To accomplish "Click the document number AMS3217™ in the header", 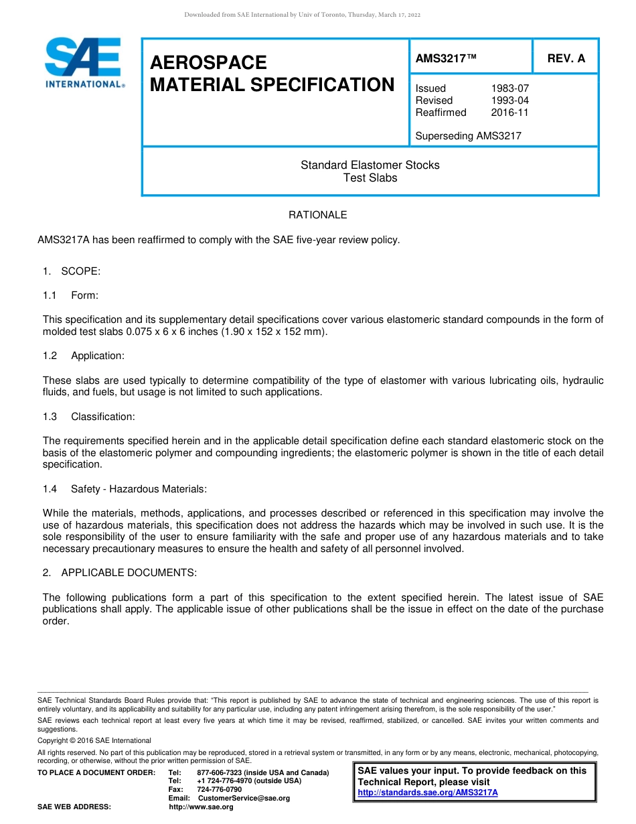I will (x=446, y=58).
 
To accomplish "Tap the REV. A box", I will (x=566, y=58).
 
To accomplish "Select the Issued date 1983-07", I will (x=509, y=88).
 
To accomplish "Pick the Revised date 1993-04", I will (x=509, y=100).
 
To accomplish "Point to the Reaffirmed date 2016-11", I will (x=509, y=113).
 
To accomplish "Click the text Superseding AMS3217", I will (x=468, y=136).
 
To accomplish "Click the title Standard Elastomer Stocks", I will (x=370, y=165).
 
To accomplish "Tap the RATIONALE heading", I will (x=317, y=215).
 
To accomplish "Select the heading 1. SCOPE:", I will (x=71, y=271).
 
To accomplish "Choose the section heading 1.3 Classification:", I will (x=88, y=417).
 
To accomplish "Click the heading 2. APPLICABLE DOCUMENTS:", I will (x=119, y=573).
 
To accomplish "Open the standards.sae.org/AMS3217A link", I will (x=428, y=793).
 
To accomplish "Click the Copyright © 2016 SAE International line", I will (x=94, y=740).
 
